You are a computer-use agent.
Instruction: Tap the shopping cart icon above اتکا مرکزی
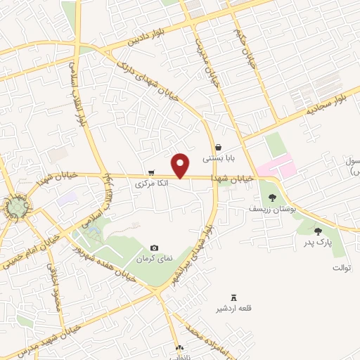click(151, 172)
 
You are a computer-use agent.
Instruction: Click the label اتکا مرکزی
click(152, 181)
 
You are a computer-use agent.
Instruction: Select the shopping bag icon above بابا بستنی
click(219, 148)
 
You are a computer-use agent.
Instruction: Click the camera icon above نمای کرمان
click(155, 247)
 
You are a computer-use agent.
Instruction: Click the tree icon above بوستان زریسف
click(273, 198)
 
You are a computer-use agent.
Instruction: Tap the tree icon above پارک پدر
click(318, 231)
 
